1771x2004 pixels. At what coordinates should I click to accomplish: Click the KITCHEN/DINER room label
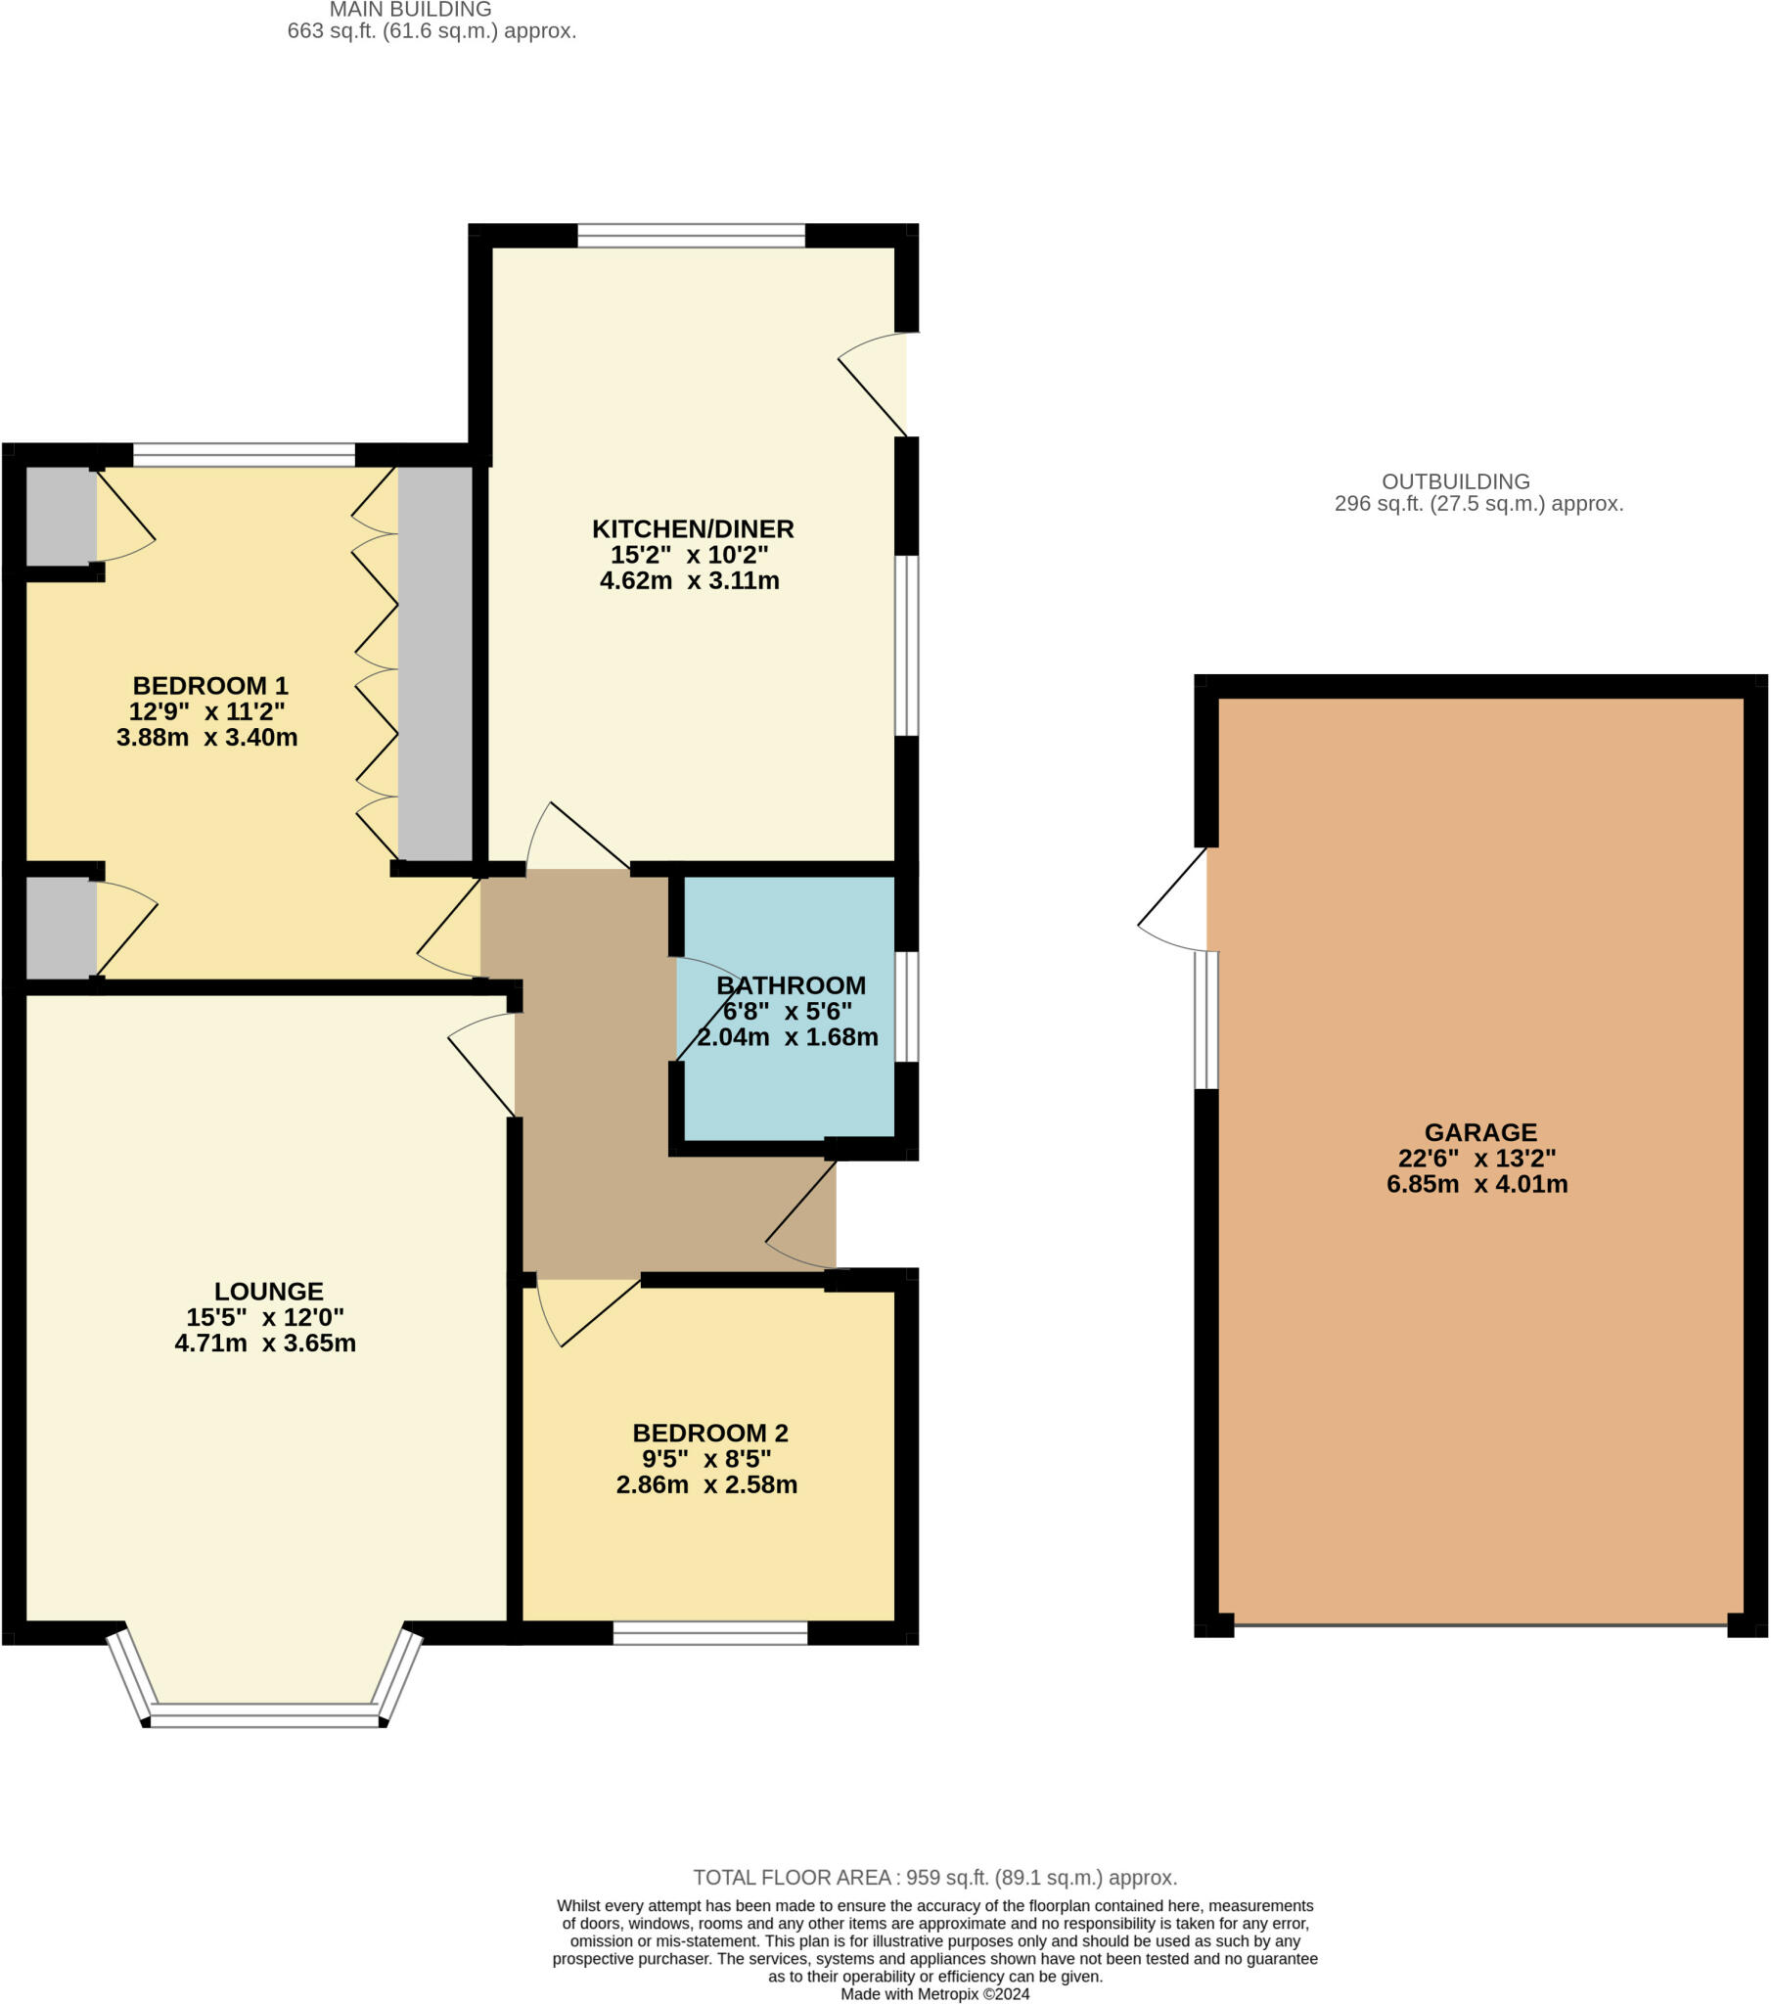(693, 529)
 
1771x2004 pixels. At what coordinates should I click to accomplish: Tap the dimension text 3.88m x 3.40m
(206, 737)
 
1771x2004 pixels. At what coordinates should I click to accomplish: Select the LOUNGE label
(269, 1292)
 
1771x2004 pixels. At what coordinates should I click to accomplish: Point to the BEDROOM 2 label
(710, 1433)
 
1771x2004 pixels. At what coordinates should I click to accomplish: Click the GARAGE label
(1479, 1132)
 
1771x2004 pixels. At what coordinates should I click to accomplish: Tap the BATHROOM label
(791, 985)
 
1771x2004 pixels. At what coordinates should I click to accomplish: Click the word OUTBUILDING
(1455, 481)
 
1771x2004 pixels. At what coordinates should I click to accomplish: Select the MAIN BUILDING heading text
(410, 10)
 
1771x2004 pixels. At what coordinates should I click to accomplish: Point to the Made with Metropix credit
(934, 1993)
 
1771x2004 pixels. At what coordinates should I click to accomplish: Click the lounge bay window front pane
(264, 1715)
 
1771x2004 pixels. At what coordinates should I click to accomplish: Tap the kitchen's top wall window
(692, 235)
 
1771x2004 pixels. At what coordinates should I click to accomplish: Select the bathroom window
(907, 1006)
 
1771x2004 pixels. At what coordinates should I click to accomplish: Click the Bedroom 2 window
(710, 1632)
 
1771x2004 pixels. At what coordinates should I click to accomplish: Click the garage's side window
(1206, 1020)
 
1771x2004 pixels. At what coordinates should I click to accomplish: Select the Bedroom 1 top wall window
(245, 455)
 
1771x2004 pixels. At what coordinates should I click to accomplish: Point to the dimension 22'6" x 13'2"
(1476, 1158)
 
